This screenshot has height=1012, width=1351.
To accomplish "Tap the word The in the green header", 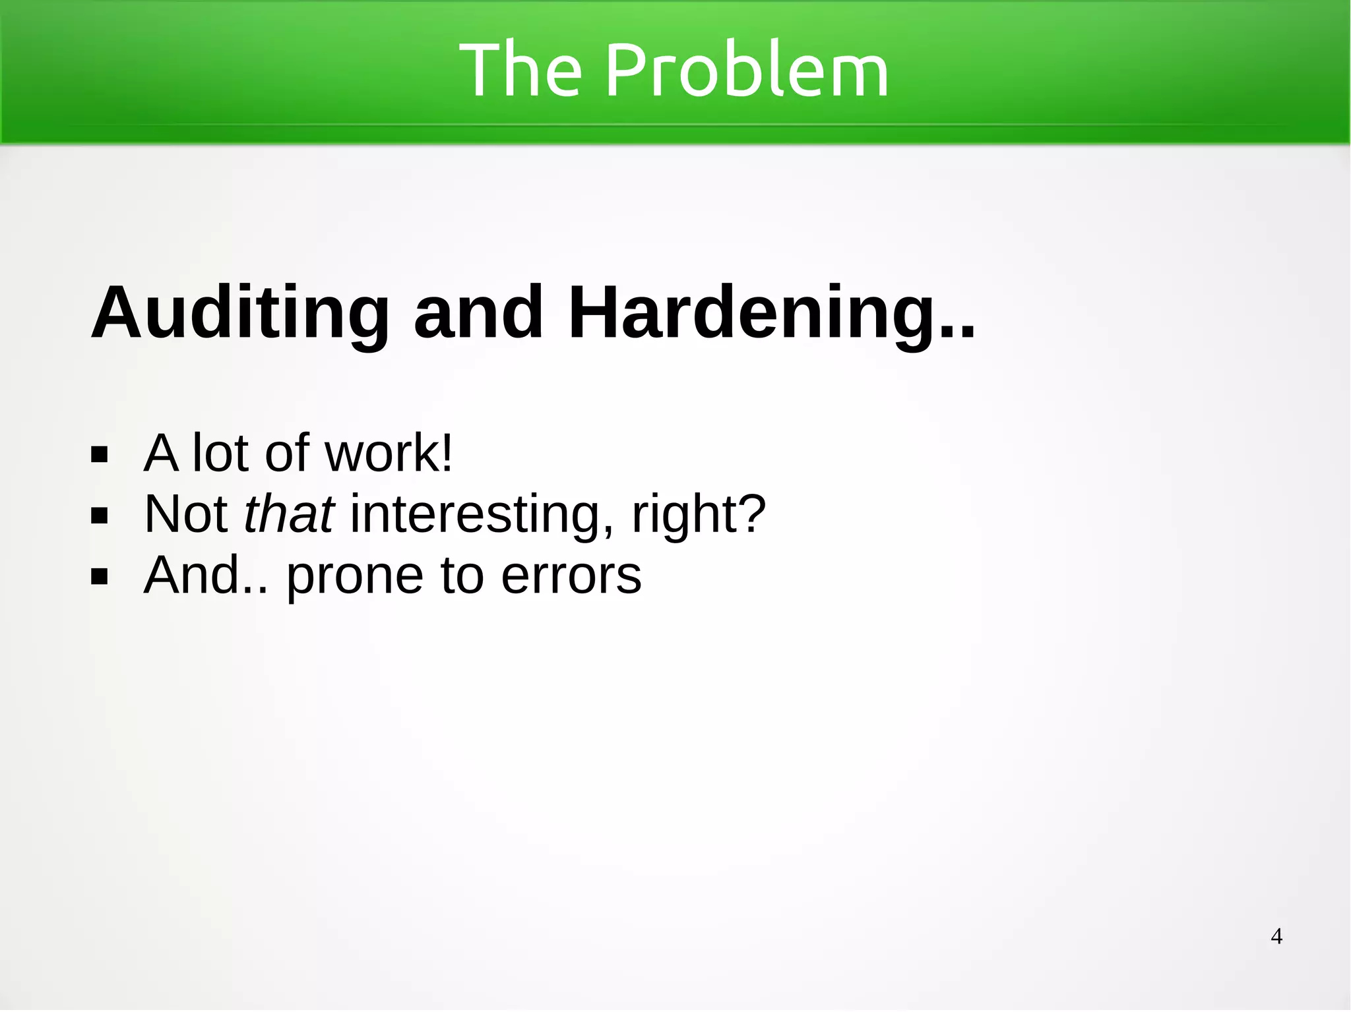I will click(x=520, y=70).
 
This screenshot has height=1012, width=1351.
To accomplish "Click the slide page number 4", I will click(x=1276, y=936).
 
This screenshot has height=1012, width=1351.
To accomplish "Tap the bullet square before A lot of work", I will click(x=100, y=454).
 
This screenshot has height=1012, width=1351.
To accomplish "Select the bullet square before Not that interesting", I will click(x=100, y=515).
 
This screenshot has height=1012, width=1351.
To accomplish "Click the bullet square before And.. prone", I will click(x=100, y=576).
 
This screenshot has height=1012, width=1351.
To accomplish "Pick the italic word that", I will click(x=289, y=514).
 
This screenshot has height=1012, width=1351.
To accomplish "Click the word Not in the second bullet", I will click(x=185, y=514).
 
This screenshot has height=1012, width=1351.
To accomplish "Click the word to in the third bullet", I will click(x=462, y=576).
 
